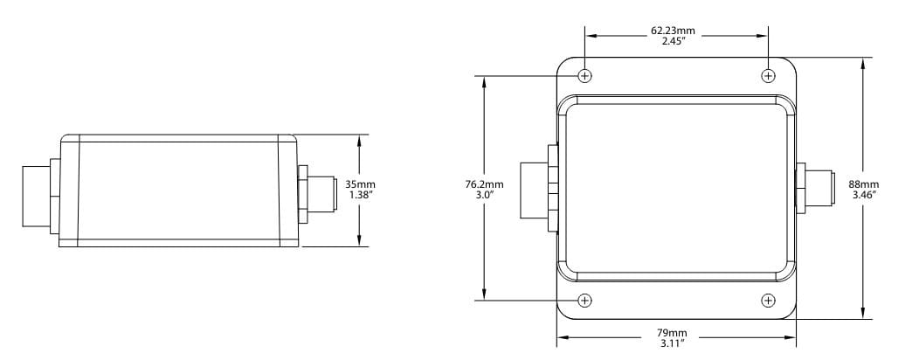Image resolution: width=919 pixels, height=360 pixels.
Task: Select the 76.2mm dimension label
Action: coord(484,184)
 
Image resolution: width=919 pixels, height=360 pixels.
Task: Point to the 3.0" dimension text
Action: coord(484,195)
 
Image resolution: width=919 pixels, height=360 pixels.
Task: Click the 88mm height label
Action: coord(863,184)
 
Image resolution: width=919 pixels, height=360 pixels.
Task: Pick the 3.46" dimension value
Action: coord(863,195)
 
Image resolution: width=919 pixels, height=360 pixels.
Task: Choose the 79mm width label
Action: coord(673,333)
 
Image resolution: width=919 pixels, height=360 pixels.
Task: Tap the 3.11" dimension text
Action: coord(673,343)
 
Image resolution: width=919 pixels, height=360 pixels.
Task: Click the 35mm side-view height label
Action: coord(360,184)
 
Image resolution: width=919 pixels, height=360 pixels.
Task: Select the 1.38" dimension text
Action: coord(360,195)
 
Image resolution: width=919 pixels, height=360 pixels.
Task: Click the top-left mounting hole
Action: coord(585,75)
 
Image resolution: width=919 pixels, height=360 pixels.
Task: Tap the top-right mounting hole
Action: coord(768,75)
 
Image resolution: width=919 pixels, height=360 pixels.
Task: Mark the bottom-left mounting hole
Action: coord(585,301)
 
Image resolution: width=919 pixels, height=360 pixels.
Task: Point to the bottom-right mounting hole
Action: coord(768,301)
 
